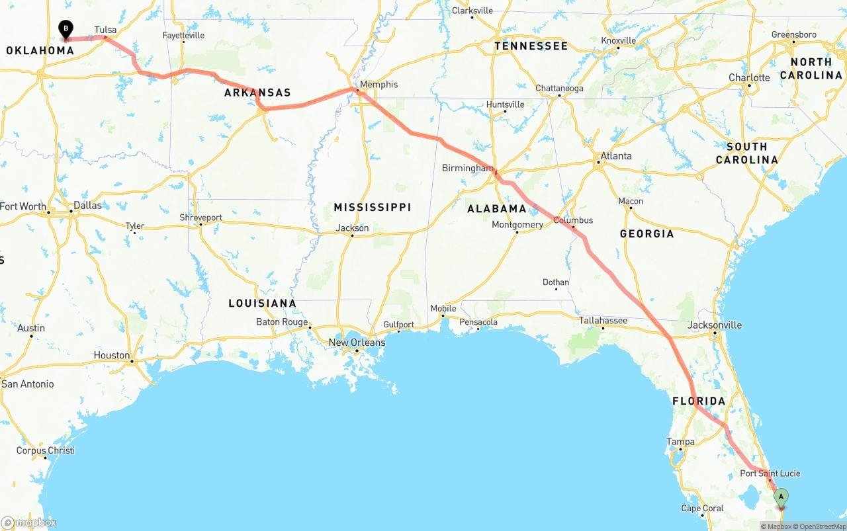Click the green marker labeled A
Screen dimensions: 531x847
point(781,497)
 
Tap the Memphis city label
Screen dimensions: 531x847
point(379,85)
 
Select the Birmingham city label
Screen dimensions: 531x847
point(467,168)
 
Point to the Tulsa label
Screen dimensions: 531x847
point(105,30)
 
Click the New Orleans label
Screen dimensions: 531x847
point(357,343)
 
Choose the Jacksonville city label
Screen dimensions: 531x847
point(715,325)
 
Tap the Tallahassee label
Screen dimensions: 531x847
point(603,321)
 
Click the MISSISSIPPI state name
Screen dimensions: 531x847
point(373,208)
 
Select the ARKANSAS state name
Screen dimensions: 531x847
point(257,93)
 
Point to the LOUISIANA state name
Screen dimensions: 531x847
point(262,304)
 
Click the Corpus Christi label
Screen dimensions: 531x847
point(46,450)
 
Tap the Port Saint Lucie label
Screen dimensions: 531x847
point(770,473)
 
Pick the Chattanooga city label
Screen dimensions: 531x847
point(559,88)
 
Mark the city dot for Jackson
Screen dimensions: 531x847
point(352,235)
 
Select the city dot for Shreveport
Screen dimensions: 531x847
point(201,224)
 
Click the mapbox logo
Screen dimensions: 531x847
point(29,523)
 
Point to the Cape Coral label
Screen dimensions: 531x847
point(702,509)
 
